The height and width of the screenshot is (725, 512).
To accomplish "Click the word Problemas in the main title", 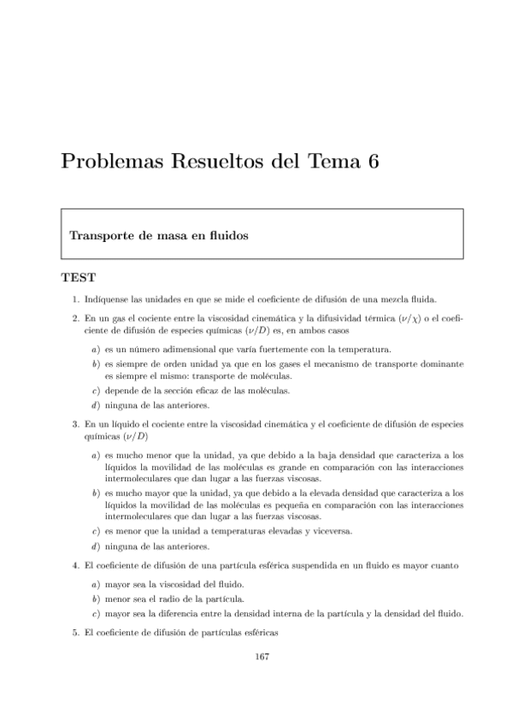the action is pyautogui.click(x=109, y=163).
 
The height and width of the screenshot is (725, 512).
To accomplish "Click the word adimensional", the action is pyautogui.click(x=187, y=349).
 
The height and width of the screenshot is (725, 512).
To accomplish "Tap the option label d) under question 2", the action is pyautogui.click(x=95, y=405).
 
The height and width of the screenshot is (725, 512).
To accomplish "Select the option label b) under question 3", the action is pyautogui.click(x=95, y=493).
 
